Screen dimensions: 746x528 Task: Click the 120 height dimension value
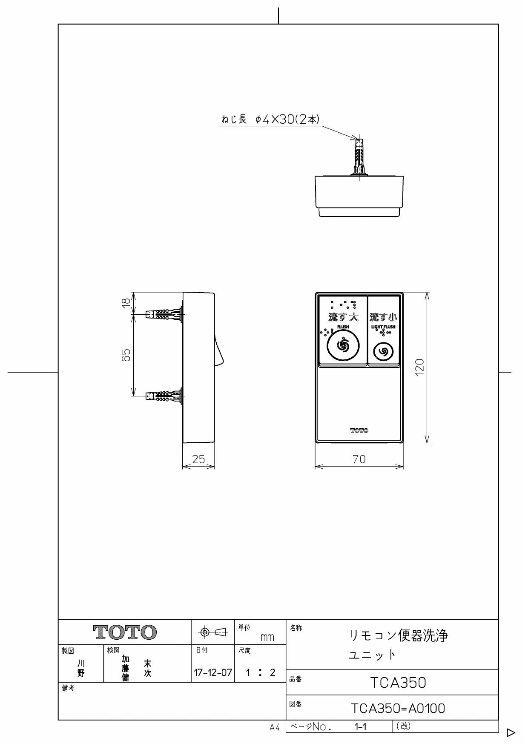click(420, 367)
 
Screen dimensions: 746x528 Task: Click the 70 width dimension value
click(359, 459)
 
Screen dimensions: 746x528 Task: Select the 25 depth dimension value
click(198, 459)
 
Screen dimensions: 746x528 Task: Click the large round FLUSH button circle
click(343, 345)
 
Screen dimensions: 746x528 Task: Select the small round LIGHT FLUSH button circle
click(383, 351)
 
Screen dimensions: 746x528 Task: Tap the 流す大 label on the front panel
click(343, 317)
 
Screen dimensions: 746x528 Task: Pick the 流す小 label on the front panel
click(383, 317)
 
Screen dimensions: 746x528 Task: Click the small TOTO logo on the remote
click(359, 430)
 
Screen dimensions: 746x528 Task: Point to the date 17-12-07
click(213, 672)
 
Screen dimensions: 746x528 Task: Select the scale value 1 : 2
click(259, 672)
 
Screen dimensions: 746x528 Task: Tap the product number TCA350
click(398, 683)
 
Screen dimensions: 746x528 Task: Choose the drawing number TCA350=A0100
click(398, 708)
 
